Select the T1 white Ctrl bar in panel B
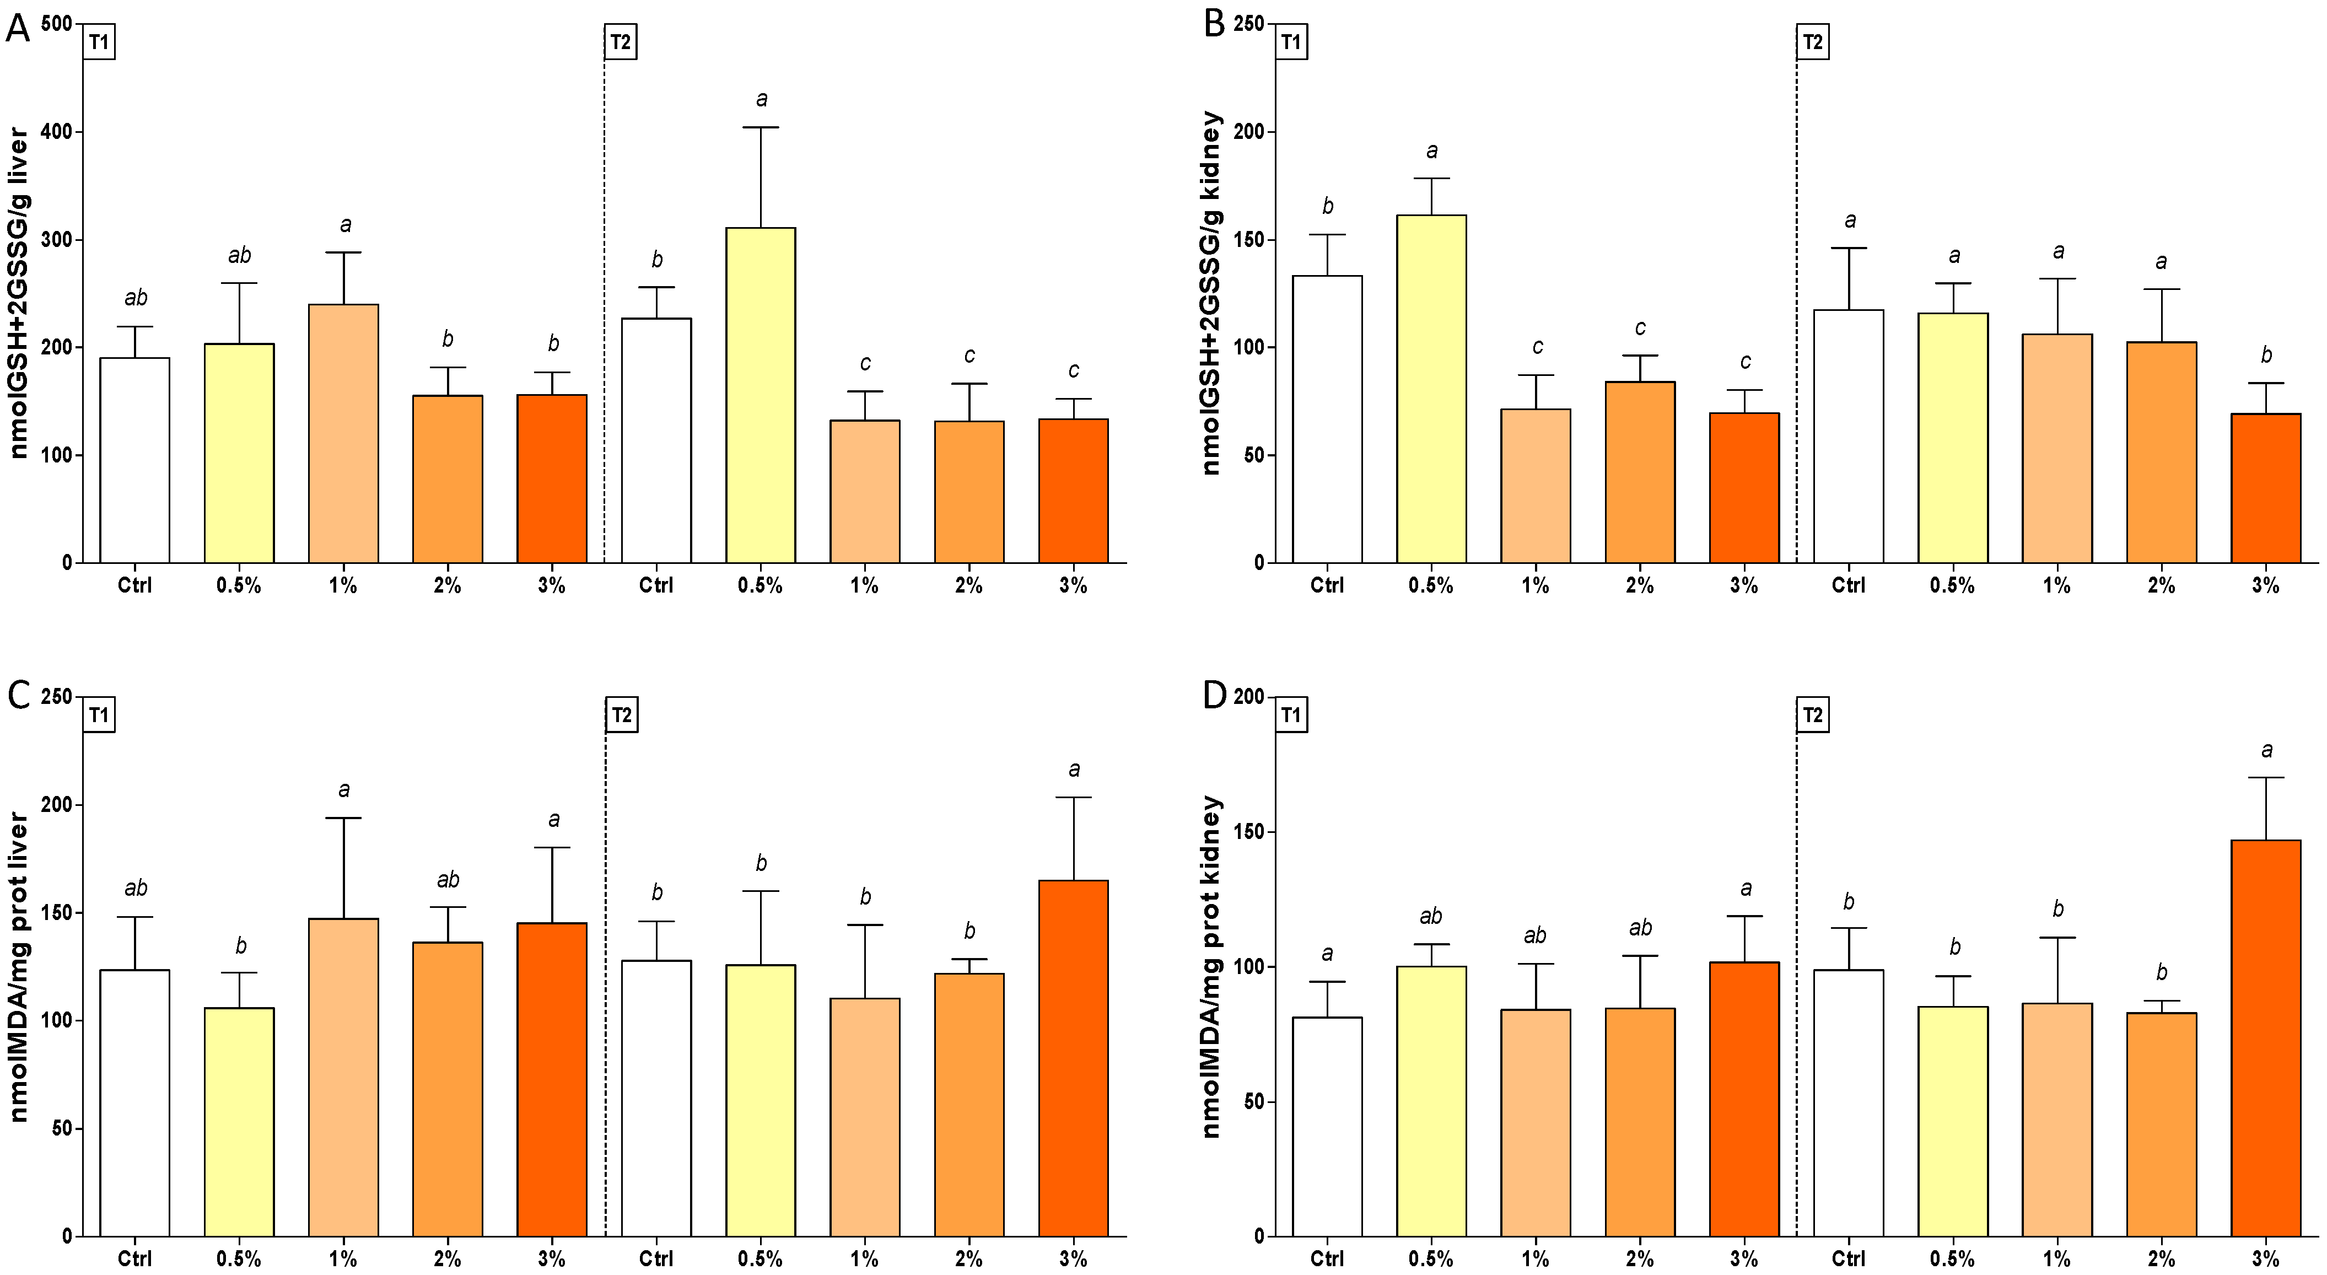[x=1327, y=419]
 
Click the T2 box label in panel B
[x=1812, y=42]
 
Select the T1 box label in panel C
[x=99, y=715]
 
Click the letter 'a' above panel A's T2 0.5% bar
[x=762, y=99]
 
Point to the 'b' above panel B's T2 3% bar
[x=2266, y=355]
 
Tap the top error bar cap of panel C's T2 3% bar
[x=1073, y=797]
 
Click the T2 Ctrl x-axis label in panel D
[x=1848, y=1258]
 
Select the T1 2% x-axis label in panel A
[x=447, y=585]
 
